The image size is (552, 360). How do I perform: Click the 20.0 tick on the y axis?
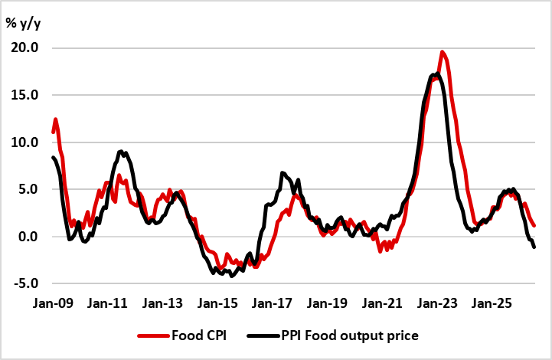pos(24,47)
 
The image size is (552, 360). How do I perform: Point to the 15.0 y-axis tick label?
pos(24,95)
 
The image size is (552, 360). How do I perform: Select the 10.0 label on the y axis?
pos(24,142)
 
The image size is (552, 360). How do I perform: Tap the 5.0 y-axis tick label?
pos(28,189)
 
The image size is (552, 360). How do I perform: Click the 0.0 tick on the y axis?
pos(28,237)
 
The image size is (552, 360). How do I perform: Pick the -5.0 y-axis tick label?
pos(26,283)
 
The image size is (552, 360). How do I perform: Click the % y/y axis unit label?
pos(23,24)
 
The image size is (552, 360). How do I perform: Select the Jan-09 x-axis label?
pos(53,303)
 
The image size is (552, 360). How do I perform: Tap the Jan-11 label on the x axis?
pos(107,303)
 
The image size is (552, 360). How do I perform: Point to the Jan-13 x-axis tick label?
pos(162,303)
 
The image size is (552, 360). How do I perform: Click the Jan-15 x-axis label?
pos(217,303)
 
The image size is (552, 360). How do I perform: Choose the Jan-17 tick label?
pos(272,303)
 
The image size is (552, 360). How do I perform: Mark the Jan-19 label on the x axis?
pos(327,303)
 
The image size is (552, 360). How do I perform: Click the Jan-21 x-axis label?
pos(382,303)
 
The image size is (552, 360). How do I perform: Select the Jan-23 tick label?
pos(437,303)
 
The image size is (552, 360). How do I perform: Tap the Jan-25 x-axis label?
pos(492,303)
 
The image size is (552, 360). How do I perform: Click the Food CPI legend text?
pos(199,335)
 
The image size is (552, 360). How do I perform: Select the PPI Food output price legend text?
pos(350,335)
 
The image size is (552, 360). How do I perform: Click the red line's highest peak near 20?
pos(443,52)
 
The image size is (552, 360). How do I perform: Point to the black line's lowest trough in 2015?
pos(231,276)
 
